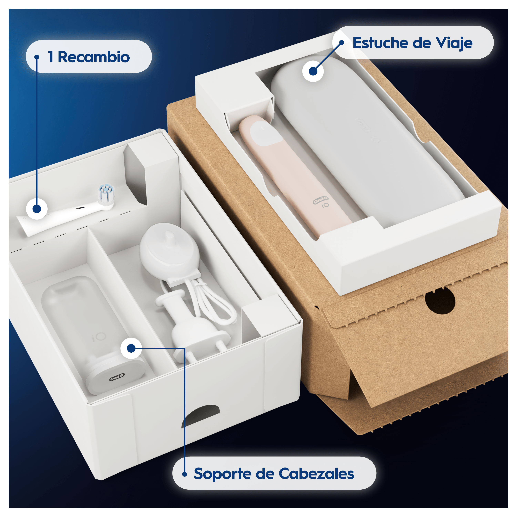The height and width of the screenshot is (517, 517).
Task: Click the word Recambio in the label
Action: [x=94, y=57]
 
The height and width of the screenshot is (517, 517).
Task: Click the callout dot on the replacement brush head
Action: [x=37, y=209]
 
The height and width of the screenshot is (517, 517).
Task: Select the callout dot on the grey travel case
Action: [x=313, y=71]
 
